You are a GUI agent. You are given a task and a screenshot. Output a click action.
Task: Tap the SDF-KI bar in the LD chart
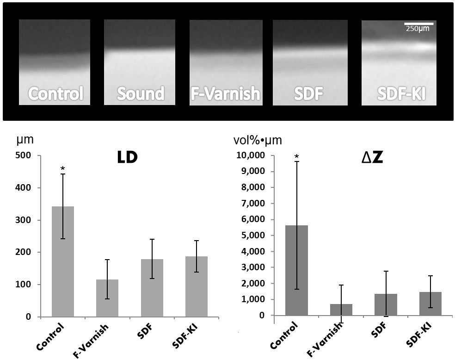(197, 286)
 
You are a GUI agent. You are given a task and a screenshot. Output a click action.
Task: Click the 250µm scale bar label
(418, 29)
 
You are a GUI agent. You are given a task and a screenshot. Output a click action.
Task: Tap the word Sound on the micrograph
(140, 94)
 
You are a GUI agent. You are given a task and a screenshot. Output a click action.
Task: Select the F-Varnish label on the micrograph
(226, 94)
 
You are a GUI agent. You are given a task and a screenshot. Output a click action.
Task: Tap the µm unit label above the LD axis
(25, 139)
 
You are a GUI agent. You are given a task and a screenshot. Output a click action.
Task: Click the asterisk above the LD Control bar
(63, 169)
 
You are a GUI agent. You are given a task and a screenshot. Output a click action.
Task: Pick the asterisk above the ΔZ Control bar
(296, 157)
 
